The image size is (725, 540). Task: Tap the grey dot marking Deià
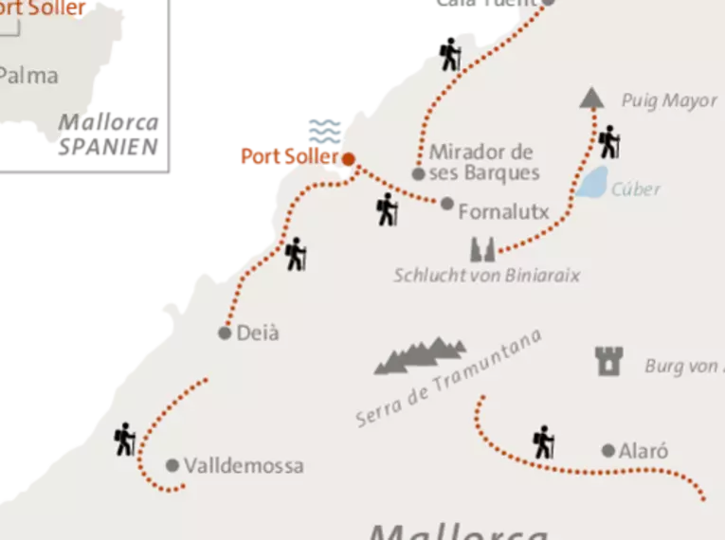(x=225, y=333)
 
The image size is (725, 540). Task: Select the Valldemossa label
(x=244, y=466)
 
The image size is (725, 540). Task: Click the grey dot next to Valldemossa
(x=172, y=465)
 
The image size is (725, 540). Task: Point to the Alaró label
(x=644, y=451)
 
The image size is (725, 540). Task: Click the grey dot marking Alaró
(x=608, y=451)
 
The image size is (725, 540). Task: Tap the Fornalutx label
(x=503, y=212)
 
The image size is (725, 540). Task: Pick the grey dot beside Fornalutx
(x=447, y=203)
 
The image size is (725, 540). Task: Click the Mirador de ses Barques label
(x=483, y=162)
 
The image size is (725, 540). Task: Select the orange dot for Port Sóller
(x=349, y=159)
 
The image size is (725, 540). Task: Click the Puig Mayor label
(x=669, y=101)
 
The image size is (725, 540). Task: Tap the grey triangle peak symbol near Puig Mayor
(x=592, y=97)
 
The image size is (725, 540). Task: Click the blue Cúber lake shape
(x=592, y=182)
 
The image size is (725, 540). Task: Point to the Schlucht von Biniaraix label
(x=486, y=276)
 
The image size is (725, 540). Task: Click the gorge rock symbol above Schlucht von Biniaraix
(x=481, y=249)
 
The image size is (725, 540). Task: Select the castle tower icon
(x=607, y=361)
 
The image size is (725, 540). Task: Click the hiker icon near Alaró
(x=542, y=441)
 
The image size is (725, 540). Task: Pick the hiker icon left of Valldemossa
(x=124, y=439)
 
